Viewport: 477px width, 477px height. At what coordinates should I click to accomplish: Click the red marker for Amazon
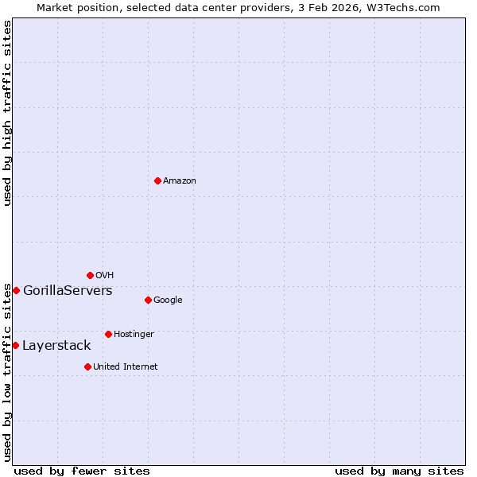tap(157, 180)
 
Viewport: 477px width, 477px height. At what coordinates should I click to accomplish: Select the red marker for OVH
tap(90, 275)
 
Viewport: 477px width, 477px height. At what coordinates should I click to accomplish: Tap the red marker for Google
tap(148, 300)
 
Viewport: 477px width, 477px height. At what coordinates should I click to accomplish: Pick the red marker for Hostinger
tap(108, 334)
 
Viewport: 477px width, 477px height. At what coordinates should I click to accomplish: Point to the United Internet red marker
tap(87, 366)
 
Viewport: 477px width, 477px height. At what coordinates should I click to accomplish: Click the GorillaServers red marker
tap(16, 290)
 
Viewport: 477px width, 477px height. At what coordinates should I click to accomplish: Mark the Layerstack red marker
tap(15, 345)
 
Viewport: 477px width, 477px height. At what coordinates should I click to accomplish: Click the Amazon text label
tap(180, 181)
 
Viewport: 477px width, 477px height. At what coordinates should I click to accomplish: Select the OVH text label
tap(105, 276)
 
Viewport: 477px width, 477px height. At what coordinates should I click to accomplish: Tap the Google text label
tap(168, 301)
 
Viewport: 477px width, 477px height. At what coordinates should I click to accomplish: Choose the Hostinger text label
tap(134, 335)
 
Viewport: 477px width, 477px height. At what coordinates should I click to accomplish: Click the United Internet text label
tap(125, 367)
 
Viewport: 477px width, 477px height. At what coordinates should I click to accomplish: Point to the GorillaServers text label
tap(68, 291)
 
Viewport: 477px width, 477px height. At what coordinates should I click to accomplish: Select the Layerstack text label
tap(56, 346)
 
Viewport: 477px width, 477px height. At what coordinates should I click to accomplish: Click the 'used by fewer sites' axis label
tap(82, 471)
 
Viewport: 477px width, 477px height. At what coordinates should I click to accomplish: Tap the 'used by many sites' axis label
tap(399, 471)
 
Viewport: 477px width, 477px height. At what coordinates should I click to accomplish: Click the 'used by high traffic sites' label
tap(7, 113)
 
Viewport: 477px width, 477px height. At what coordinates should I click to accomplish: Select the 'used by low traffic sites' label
tap(7, 372)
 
